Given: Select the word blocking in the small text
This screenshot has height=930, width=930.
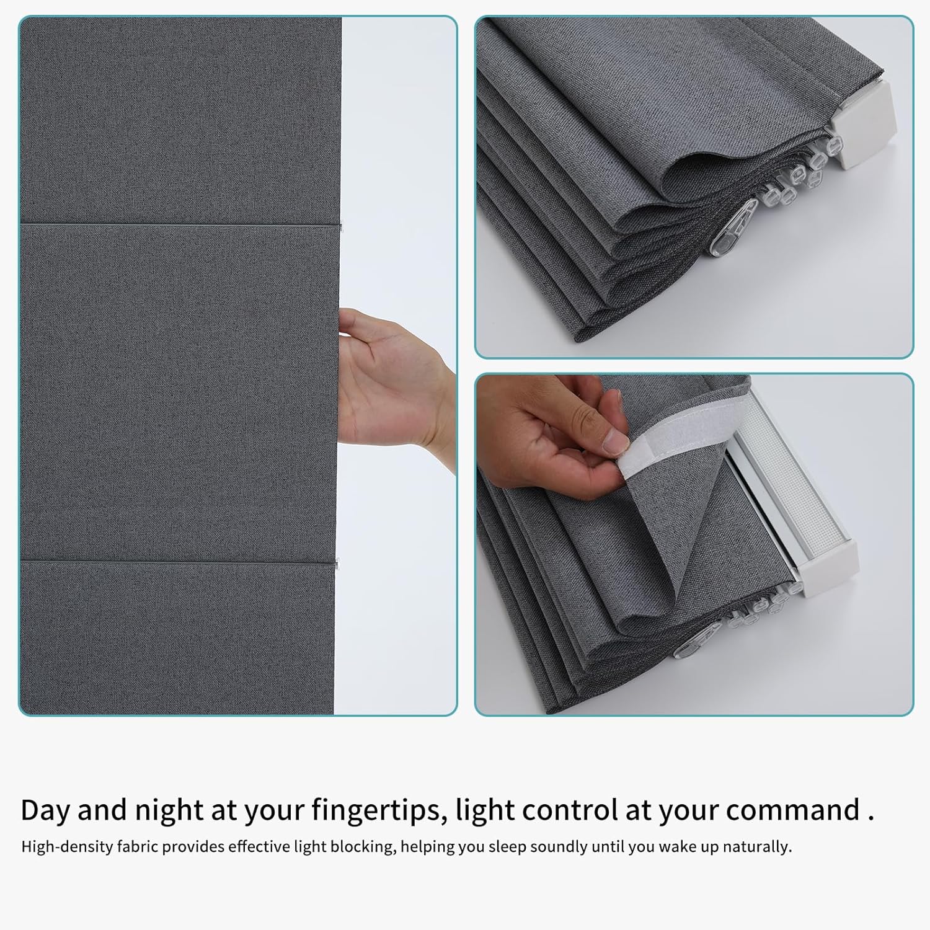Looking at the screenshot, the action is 365,847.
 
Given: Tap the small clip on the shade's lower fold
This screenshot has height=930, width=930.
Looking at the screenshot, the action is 337,565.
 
